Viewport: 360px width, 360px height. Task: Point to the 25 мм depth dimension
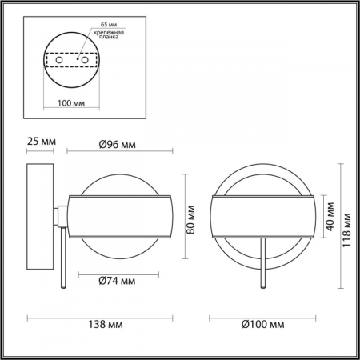pyautogui.click(x=40, y=142)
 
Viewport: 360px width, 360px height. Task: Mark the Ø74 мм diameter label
pyautogui.click(x=117, y=281)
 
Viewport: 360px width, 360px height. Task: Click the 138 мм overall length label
pyautogui.click(x=104, y=326)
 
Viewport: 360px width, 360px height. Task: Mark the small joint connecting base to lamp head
pyautogui.click(x=58, y=217)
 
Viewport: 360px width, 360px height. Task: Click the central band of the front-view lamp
pyautogui.click(x=262, y=216)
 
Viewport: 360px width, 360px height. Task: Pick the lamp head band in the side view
pyautogui.click(x=121, y=216)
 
